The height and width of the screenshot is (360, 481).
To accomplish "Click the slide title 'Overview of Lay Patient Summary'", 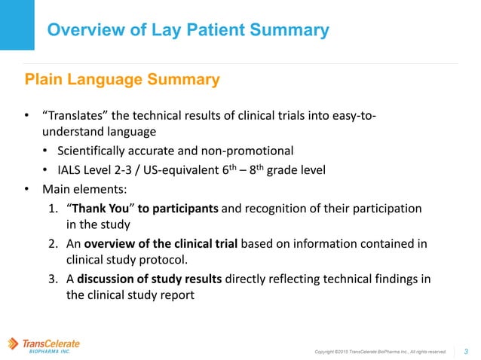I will coord(188,30).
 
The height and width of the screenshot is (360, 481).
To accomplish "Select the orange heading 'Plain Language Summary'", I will coord(122,79).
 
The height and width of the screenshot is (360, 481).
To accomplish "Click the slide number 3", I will coord(466,350).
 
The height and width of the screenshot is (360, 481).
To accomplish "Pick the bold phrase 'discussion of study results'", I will coord(147,279).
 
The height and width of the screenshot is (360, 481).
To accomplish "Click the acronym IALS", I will coord(66,169).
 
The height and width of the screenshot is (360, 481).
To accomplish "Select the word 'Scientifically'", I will coord(88,151).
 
